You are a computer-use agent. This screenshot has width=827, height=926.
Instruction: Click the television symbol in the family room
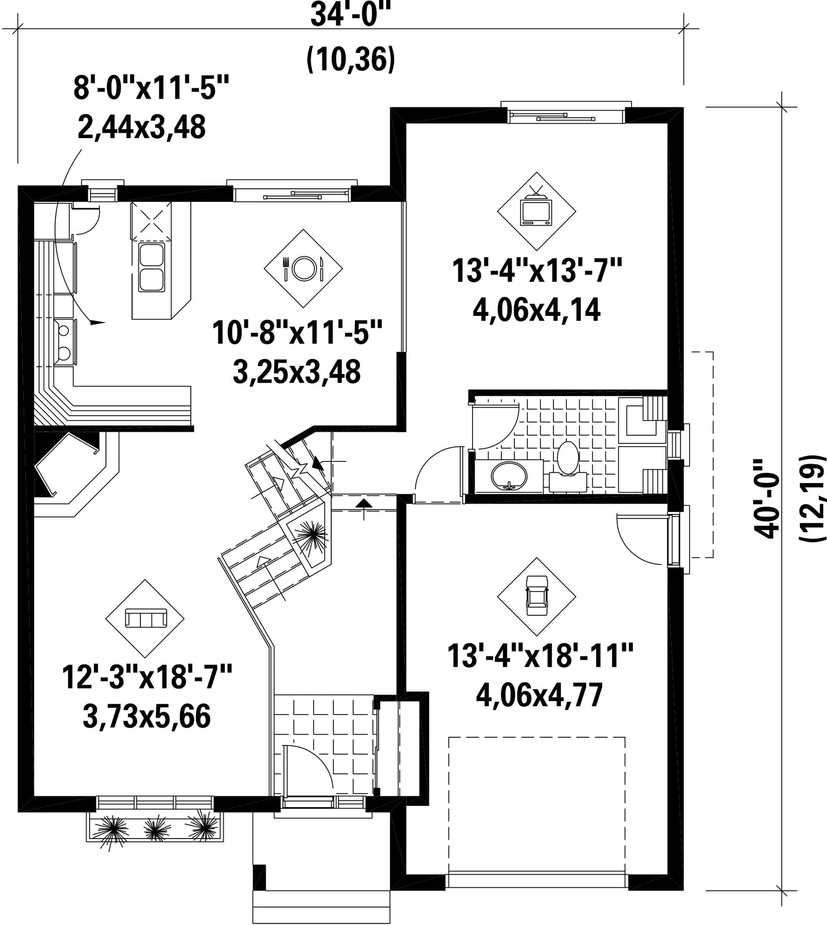click(x=536, y=208)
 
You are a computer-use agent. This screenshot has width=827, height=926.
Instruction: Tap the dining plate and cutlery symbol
click(x=303, y=268)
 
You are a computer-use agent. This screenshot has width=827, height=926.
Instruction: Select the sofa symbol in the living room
click(x=146, y=618)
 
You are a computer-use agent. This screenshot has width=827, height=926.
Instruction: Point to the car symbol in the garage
click(x=536, y=595)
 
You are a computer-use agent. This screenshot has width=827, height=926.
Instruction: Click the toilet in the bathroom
click(x=568, y=458)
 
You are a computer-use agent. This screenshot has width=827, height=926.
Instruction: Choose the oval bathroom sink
click(x=509, y=476)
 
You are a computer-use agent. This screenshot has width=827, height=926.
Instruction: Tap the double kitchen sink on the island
click(x=151, y=268)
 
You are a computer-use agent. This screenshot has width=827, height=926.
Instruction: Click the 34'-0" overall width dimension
click(x=348, y=16)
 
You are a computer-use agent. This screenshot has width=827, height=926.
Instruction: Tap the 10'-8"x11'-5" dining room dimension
click(x=297, y=332)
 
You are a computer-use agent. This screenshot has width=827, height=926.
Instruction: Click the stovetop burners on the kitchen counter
click(x=64, y=342)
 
